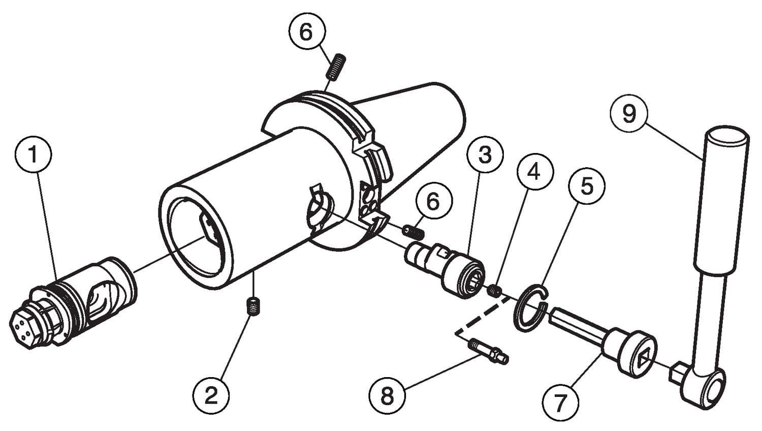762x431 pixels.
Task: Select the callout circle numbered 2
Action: [210, 395]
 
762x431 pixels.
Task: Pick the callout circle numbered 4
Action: [533, 172]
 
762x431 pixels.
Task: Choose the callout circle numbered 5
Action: [587, 187]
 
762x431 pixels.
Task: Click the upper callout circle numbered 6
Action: [306, 33]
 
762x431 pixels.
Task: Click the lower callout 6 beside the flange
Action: [433, 202]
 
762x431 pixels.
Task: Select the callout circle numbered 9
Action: [629, 114]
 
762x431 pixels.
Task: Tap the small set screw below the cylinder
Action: [252, 306]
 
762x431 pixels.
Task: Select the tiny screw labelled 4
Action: [495, 291]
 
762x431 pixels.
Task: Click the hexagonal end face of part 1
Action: [25, 327]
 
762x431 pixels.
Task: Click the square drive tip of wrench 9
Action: [677, 374]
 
